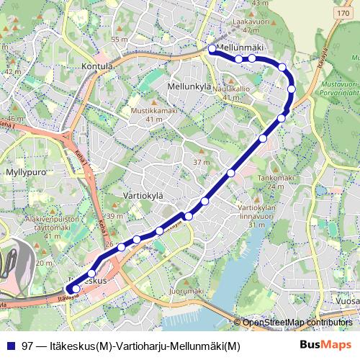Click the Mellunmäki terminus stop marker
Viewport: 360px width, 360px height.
pos(212,49)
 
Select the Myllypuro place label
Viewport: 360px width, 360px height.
pos(25,173)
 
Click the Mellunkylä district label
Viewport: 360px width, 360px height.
pos(188,86)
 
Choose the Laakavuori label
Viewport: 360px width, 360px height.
pos(246,22)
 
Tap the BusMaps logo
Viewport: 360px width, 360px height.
pos(326,345)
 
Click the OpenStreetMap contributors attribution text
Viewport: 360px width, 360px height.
pos(297,323)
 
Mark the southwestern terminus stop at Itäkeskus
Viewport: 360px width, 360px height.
pos(76,289)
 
